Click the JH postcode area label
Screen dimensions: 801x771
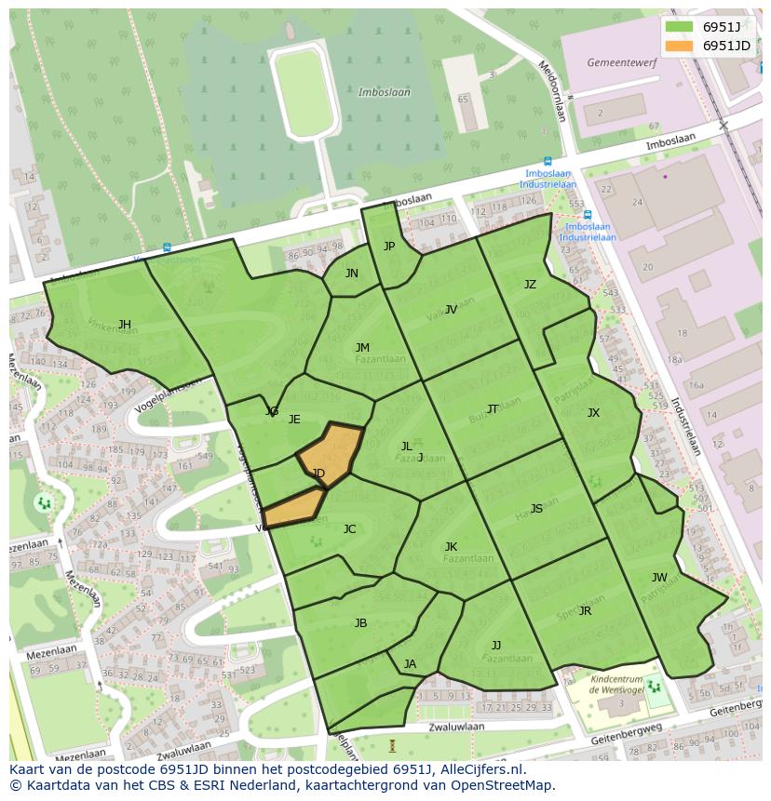click(124, 325)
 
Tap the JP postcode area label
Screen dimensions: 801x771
click(389, 247)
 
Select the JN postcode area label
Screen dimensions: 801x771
click(351, 274)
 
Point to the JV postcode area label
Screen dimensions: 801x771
click(451, 310)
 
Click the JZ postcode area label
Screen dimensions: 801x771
click(530, 285)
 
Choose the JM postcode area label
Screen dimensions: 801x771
click(362, 348)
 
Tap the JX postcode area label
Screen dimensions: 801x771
click(593, 413)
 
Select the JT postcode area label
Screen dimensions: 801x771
click(492, 409)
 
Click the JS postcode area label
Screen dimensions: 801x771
click(536, 509)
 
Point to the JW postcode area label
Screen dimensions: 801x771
click(659, 578)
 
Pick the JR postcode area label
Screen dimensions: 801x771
click(585, 611)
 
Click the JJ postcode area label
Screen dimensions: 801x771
click(496, 645)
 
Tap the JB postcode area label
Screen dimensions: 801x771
click(360, 623)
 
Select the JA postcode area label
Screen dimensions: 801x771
click(410, 663)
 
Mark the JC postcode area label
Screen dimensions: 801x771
click(349, 529)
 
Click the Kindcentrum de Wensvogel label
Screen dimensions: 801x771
click(623, 686)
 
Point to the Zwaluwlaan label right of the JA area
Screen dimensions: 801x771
click(457, 728)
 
